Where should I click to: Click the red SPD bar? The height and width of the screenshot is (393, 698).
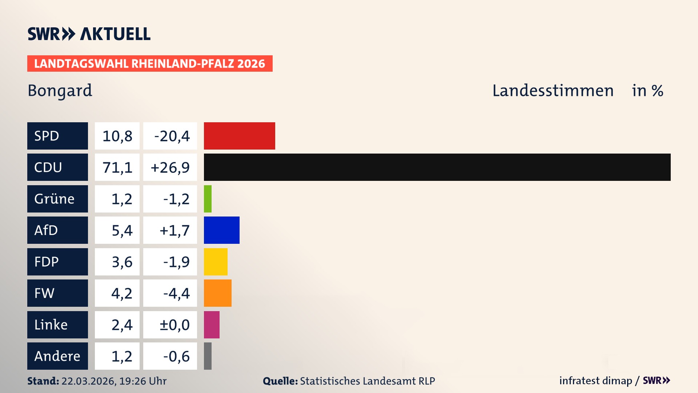pyautogui.click(x=239, y=136)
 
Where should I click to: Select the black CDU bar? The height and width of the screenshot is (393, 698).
pyautogui.click(x=437, y=167)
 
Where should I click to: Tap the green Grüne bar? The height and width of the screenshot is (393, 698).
pyautogui.click(x=208, y=199)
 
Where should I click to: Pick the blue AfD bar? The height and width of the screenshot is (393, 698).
pyautogui.click(x=221, y=230)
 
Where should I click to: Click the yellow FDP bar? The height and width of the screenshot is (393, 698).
pyautogui.click(x=216, y=262)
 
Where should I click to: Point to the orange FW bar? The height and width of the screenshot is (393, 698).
pyautogui.click(x=217, y=293)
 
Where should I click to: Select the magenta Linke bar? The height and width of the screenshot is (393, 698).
pyautogui.click(x=212, y=325)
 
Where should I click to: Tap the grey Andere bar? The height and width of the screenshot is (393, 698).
pyautogui.click(x=208, y=356)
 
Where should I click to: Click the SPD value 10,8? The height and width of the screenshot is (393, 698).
pyautogui.click(x=117, y=136)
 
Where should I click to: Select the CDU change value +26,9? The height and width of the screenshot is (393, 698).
pyautogui.click(x=170, y=167)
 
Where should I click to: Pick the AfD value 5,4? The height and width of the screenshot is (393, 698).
pyautogui.click(x=122, y=230)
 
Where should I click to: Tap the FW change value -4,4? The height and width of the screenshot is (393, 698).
pyautogui.click(x=176, y=293)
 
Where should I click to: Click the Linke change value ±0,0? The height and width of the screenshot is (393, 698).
pyautogui.click(x=174, y=325)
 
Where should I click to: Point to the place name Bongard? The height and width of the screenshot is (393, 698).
pyautogui.click(x=60, y=91)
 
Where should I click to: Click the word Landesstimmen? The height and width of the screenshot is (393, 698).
pyautogui.click(x=553, y=91)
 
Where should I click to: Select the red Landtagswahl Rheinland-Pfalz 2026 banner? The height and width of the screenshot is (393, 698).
pyautogui.click(x=150, y=63)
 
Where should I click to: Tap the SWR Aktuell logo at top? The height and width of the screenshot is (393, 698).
pyautogui.click(x=89, y=34)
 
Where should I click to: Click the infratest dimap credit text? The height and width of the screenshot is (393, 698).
pyautogui.click(x=595, y=381)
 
